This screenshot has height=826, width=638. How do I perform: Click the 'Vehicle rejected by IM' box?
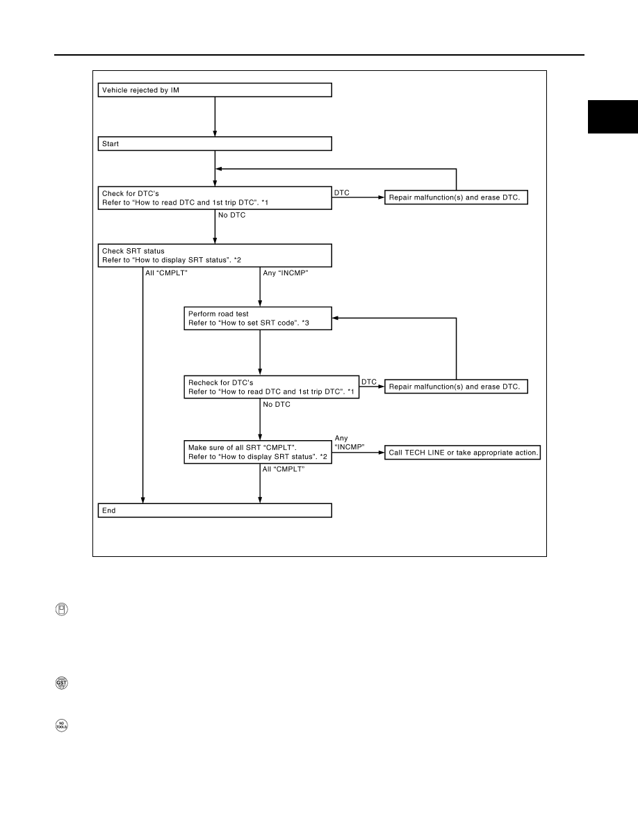pyautogui.click(x=215, y=90)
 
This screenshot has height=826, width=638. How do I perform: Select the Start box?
pyautogui.click(x=215, y=144)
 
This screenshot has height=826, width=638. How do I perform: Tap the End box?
pyautogui.click(x=215, y=510)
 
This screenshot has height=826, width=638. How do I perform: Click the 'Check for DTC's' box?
pyautogui.click(x=215, y=198)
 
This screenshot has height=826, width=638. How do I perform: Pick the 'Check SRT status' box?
pyautogui.click(x=215, y=255)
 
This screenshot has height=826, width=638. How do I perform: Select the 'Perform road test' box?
pyautogui.click(x=258, y=318)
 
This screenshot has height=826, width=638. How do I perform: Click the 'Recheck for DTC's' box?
pyautogui.click(x=272, y=387)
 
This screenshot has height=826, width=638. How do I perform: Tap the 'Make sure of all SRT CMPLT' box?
pyautogui.click(x=258, y=452)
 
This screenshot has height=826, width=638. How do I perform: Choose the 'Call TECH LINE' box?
pyautogui.click(x=463, y=453)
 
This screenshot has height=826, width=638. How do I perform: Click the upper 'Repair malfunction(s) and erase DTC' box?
pyautogui.click(x=457, y=197)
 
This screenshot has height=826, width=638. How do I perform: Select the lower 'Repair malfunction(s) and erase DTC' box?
pyautogui.click(x=457, y=387)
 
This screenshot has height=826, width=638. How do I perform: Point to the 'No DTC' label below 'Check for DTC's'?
pyautogui.click(x=232, y=215)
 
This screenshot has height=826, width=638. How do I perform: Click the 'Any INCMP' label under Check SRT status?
pyautogui.click(x=286, y=273)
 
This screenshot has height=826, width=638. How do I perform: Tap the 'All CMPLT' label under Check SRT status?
pyautogui.click(x=166, y=273)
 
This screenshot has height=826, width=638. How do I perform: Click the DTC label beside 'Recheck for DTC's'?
pyautogui.click(x=369, y=382)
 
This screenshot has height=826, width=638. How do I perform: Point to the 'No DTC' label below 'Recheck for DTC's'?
pyautogui.click(x=277, y=404)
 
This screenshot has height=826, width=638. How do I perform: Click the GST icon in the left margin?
pyautogui.click(x=62, y=683)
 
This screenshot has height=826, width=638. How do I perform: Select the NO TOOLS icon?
pyautogui.click(x=62, y=725)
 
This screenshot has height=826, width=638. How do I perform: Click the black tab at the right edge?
pyautogui.click(x=613, y=116)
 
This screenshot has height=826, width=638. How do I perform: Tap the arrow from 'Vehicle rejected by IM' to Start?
pyautogui.click(x=215, y=117)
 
